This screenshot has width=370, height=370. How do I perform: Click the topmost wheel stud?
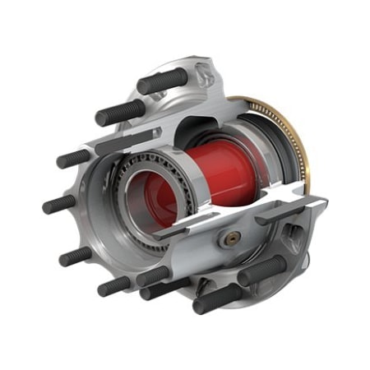click(164, 81)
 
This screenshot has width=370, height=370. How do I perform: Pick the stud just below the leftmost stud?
click(76, 255)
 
